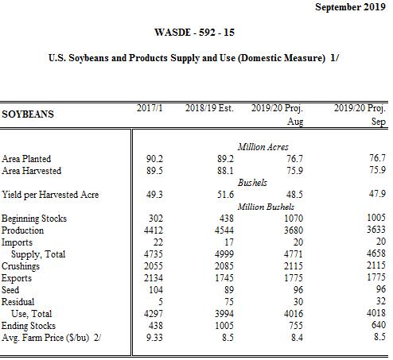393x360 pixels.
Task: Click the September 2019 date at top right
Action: (350, 7)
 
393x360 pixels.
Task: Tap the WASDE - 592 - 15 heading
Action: (194, 33)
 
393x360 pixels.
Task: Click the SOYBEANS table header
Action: (28, 114)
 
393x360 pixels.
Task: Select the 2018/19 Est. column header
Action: (209, 108)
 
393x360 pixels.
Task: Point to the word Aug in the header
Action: (295, 122)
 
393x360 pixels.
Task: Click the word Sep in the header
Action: (378, 122)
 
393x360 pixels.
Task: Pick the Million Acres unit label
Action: (263, 147)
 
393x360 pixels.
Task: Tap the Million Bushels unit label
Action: (266, 207)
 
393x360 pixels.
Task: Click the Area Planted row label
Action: (26, 159)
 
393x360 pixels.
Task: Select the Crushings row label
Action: (21, 266)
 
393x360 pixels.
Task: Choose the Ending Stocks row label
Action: (29, 326)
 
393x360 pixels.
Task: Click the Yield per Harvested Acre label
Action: (50, 195)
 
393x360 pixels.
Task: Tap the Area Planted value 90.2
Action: (154, 159)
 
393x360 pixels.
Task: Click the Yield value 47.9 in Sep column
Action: (377, 194)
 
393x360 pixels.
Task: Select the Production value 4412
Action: (154, 230)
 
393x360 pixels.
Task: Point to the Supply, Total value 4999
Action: (224, 254)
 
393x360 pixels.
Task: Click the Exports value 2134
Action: (154, 278)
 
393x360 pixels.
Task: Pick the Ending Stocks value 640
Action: (378, 325)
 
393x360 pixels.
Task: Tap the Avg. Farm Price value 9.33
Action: (154, 338)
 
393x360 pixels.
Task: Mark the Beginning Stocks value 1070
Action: (294, 219)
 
